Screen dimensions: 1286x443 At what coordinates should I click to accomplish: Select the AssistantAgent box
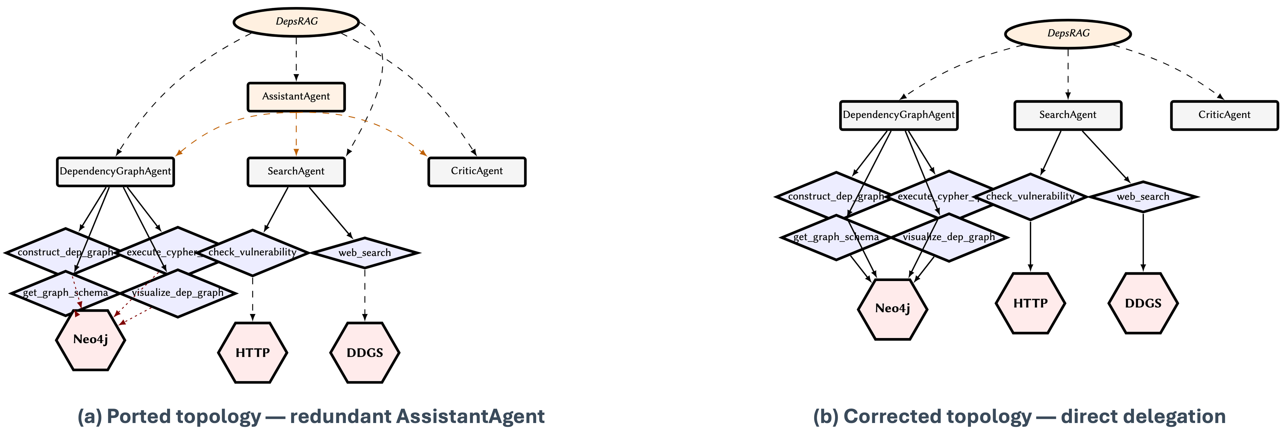[x=296, y=97]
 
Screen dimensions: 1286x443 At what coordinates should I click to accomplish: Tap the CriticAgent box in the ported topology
[x=477, y=172]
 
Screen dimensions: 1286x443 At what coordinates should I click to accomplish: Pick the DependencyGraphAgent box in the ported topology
[x=115, y=172]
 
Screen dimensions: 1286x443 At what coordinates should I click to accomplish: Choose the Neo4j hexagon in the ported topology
[x=90, y=340]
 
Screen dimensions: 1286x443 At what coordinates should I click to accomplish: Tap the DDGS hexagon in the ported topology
[x=365, y=353]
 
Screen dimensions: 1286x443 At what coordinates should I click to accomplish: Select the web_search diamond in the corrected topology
[x=1143, y=197]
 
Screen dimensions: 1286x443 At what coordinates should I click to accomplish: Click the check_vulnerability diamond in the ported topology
[x=253, y=253]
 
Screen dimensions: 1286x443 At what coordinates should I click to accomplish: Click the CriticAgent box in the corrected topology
[x=1225, y=115]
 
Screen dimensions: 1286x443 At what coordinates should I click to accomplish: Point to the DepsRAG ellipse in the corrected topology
[x=1068, y=34]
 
